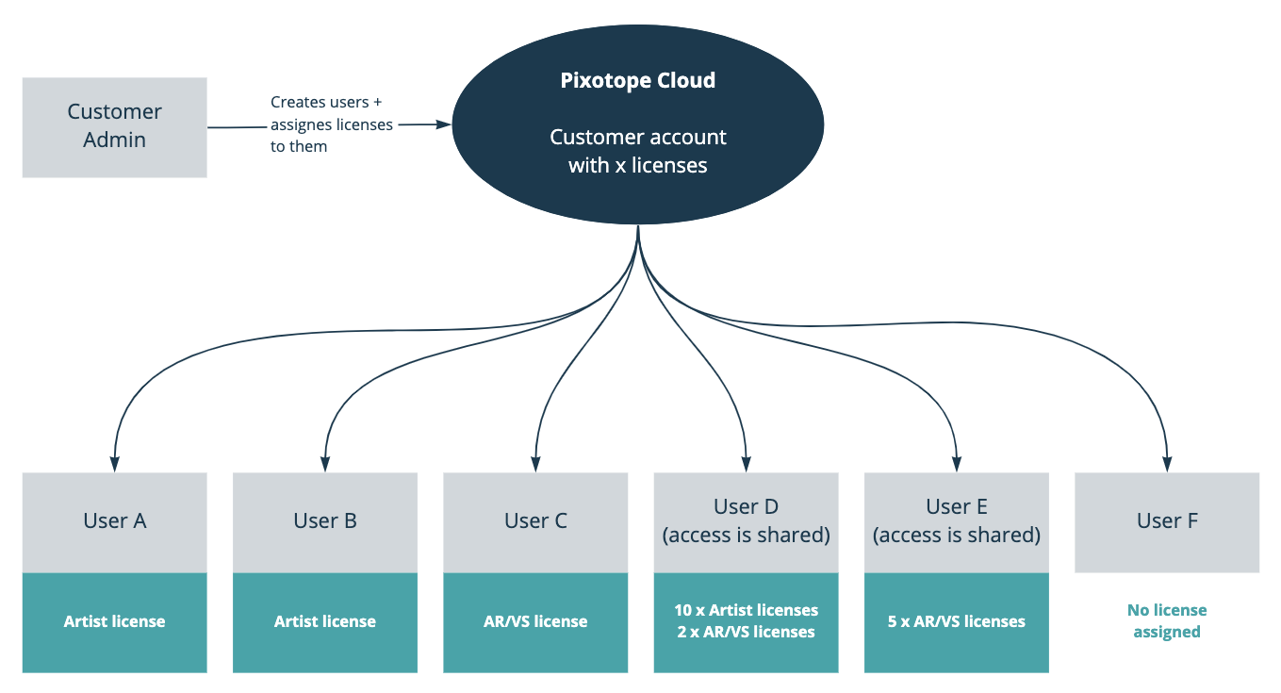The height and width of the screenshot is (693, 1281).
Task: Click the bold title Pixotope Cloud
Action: pos(638,81)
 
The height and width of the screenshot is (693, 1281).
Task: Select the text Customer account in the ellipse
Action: pos(638,138)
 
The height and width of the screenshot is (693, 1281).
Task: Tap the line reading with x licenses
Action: pos(638,166)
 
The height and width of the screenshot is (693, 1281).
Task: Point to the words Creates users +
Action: pos(326,102)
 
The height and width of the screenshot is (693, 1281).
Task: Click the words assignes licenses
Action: pos(332,124)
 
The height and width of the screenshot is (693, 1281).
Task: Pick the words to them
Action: pos(299,147)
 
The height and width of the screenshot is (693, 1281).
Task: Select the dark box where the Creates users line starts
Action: pos(114,127)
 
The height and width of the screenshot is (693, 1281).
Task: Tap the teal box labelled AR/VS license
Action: pos(535,622)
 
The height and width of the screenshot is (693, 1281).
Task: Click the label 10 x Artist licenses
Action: pos(747,610)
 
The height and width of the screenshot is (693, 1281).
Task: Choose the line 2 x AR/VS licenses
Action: pos(747,633)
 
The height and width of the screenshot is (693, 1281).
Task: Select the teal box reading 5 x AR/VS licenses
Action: pos(957,622)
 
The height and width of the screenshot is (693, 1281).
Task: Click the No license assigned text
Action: pos(1167,621)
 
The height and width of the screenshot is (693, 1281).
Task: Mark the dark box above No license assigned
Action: pos(1167,522)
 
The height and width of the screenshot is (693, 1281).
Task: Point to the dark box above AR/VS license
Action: pos(535,522)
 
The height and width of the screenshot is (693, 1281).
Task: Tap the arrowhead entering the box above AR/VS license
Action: pos(535,465)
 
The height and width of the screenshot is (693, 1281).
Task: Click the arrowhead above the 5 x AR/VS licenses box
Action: pos(957,465)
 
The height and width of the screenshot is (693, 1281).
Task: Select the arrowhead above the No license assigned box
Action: pos(1167,465)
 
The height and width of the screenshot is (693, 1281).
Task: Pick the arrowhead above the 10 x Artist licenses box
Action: pos(747,465)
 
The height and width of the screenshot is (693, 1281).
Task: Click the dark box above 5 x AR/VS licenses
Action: pos(957,522)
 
